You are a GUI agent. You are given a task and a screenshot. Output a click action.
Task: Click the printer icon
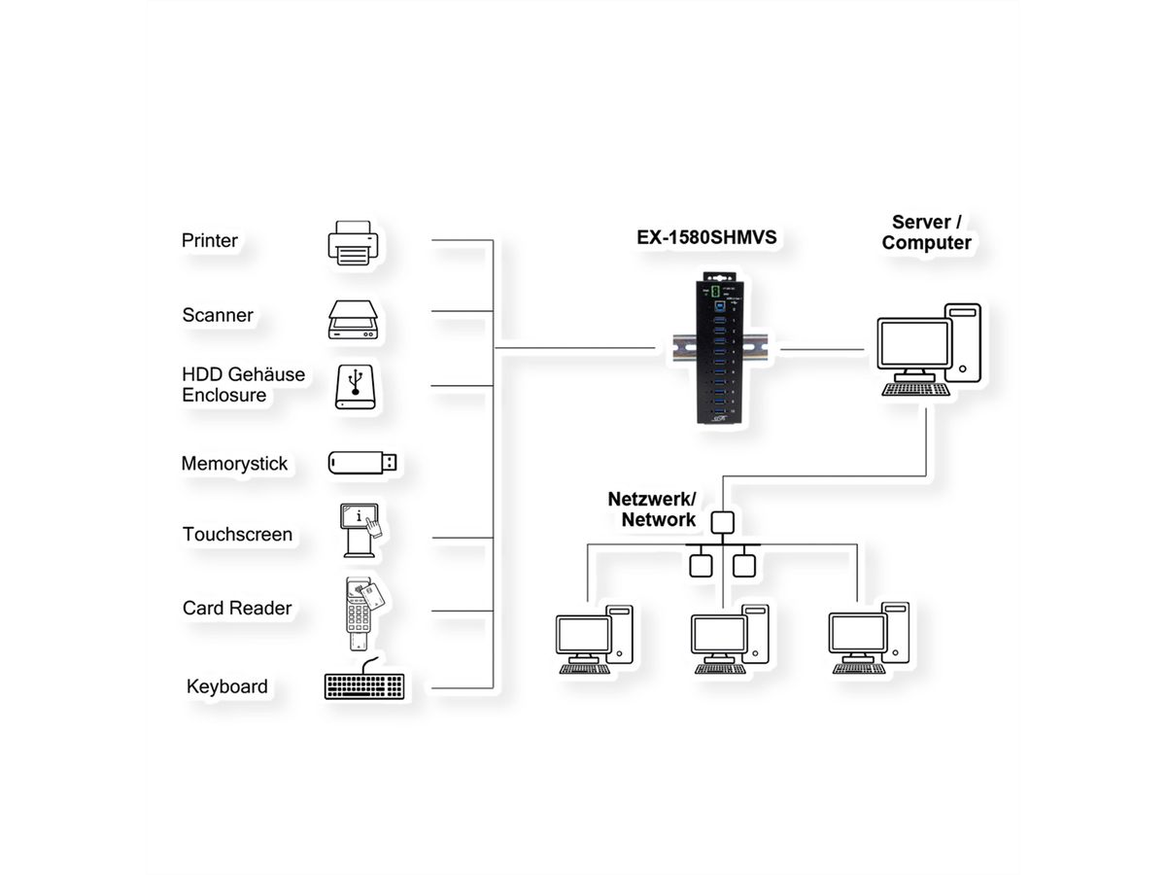click(351, 241)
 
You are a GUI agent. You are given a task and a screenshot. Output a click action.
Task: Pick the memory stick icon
click(361, 463)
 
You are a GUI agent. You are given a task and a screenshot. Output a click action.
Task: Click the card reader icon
click(361, 612)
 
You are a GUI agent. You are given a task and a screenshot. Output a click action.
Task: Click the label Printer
click(210, 240)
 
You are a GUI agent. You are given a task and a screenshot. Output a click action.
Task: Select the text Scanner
click(218, 315)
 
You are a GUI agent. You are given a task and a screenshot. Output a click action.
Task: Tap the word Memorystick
click(234, 464)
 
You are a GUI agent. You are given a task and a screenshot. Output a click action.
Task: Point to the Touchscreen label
click(237, 534)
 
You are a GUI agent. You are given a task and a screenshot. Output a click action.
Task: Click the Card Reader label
click(237, 608)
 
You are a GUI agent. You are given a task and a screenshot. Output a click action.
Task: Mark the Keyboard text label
click(227, 686)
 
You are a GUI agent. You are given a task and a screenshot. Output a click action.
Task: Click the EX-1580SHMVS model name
click(706, 236)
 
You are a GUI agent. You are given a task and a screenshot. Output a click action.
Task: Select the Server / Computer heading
click(926, 232)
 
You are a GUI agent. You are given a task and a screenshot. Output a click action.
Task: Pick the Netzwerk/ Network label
click(652, 509)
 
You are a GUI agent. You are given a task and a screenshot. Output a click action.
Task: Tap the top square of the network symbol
click(720, 522)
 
